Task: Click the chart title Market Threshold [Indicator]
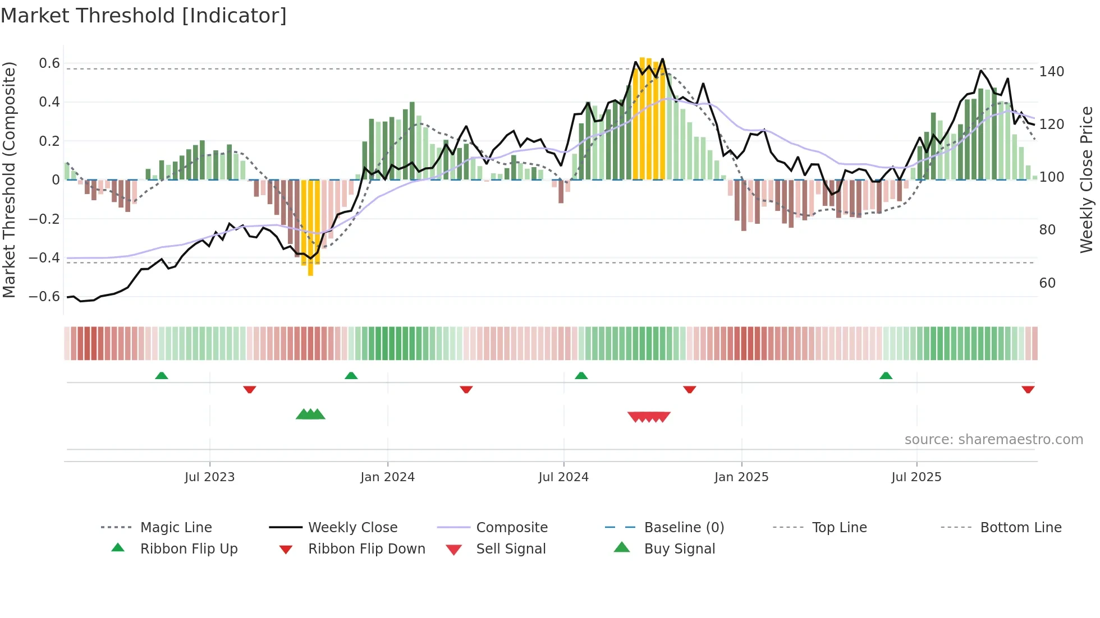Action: [x=144, y=16]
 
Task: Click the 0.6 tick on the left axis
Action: [x=49, y=63]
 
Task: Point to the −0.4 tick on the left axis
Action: [x=44, y=258]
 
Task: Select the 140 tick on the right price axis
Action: [x=1051, y=72]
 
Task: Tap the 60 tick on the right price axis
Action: [x=1047, y=283]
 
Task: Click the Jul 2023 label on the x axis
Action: [x=209, y=477]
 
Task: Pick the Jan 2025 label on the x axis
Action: [x=741, y=477]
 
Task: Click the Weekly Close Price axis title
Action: [x=1087, y=179]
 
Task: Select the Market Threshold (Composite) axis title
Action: [x=9, y=179]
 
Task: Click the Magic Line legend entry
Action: [x=176, y=528]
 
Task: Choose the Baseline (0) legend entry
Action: [x=684, y=528]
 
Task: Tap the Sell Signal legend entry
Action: [x=510, y=549]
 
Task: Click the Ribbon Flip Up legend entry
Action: [x=189, y=549]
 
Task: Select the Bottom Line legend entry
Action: [x=1020, y=528]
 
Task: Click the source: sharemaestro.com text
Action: [x=993, y=440]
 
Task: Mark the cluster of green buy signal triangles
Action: [x=310, y=414]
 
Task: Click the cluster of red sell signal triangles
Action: [x=649, y=417]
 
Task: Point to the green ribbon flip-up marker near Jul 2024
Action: [x=581, y=375]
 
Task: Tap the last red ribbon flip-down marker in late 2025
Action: [x=1028, y=390]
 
